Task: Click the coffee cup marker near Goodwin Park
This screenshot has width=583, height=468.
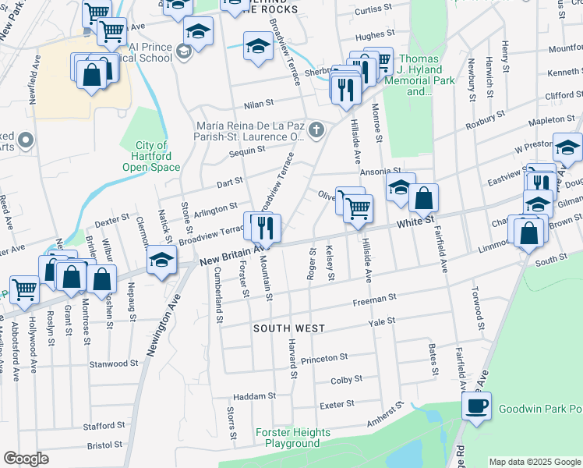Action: pos(476,406)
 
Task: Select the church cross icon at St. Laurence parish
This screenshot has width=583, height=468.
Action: pos(316,129)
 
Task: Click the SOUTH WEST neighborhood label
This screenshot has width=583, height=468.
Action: pos(288,328)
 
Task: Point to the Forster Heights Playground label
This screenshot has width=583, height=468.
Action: pos(293,438)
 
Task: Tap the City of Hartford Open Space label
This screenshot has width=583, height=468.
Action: pos(151,156)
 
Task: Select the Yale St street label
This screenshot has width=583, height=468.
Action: pos(382,321)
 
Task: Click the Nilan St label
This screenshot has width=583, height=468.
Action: pos(259,102)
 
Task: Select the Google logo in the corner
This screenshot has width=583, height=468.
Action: pos(25,459)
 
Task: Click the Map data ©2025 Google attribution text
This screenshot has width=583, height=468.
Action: pos(535,462)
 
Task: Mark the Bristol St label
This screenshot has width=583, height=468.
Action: pos(106,446)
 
